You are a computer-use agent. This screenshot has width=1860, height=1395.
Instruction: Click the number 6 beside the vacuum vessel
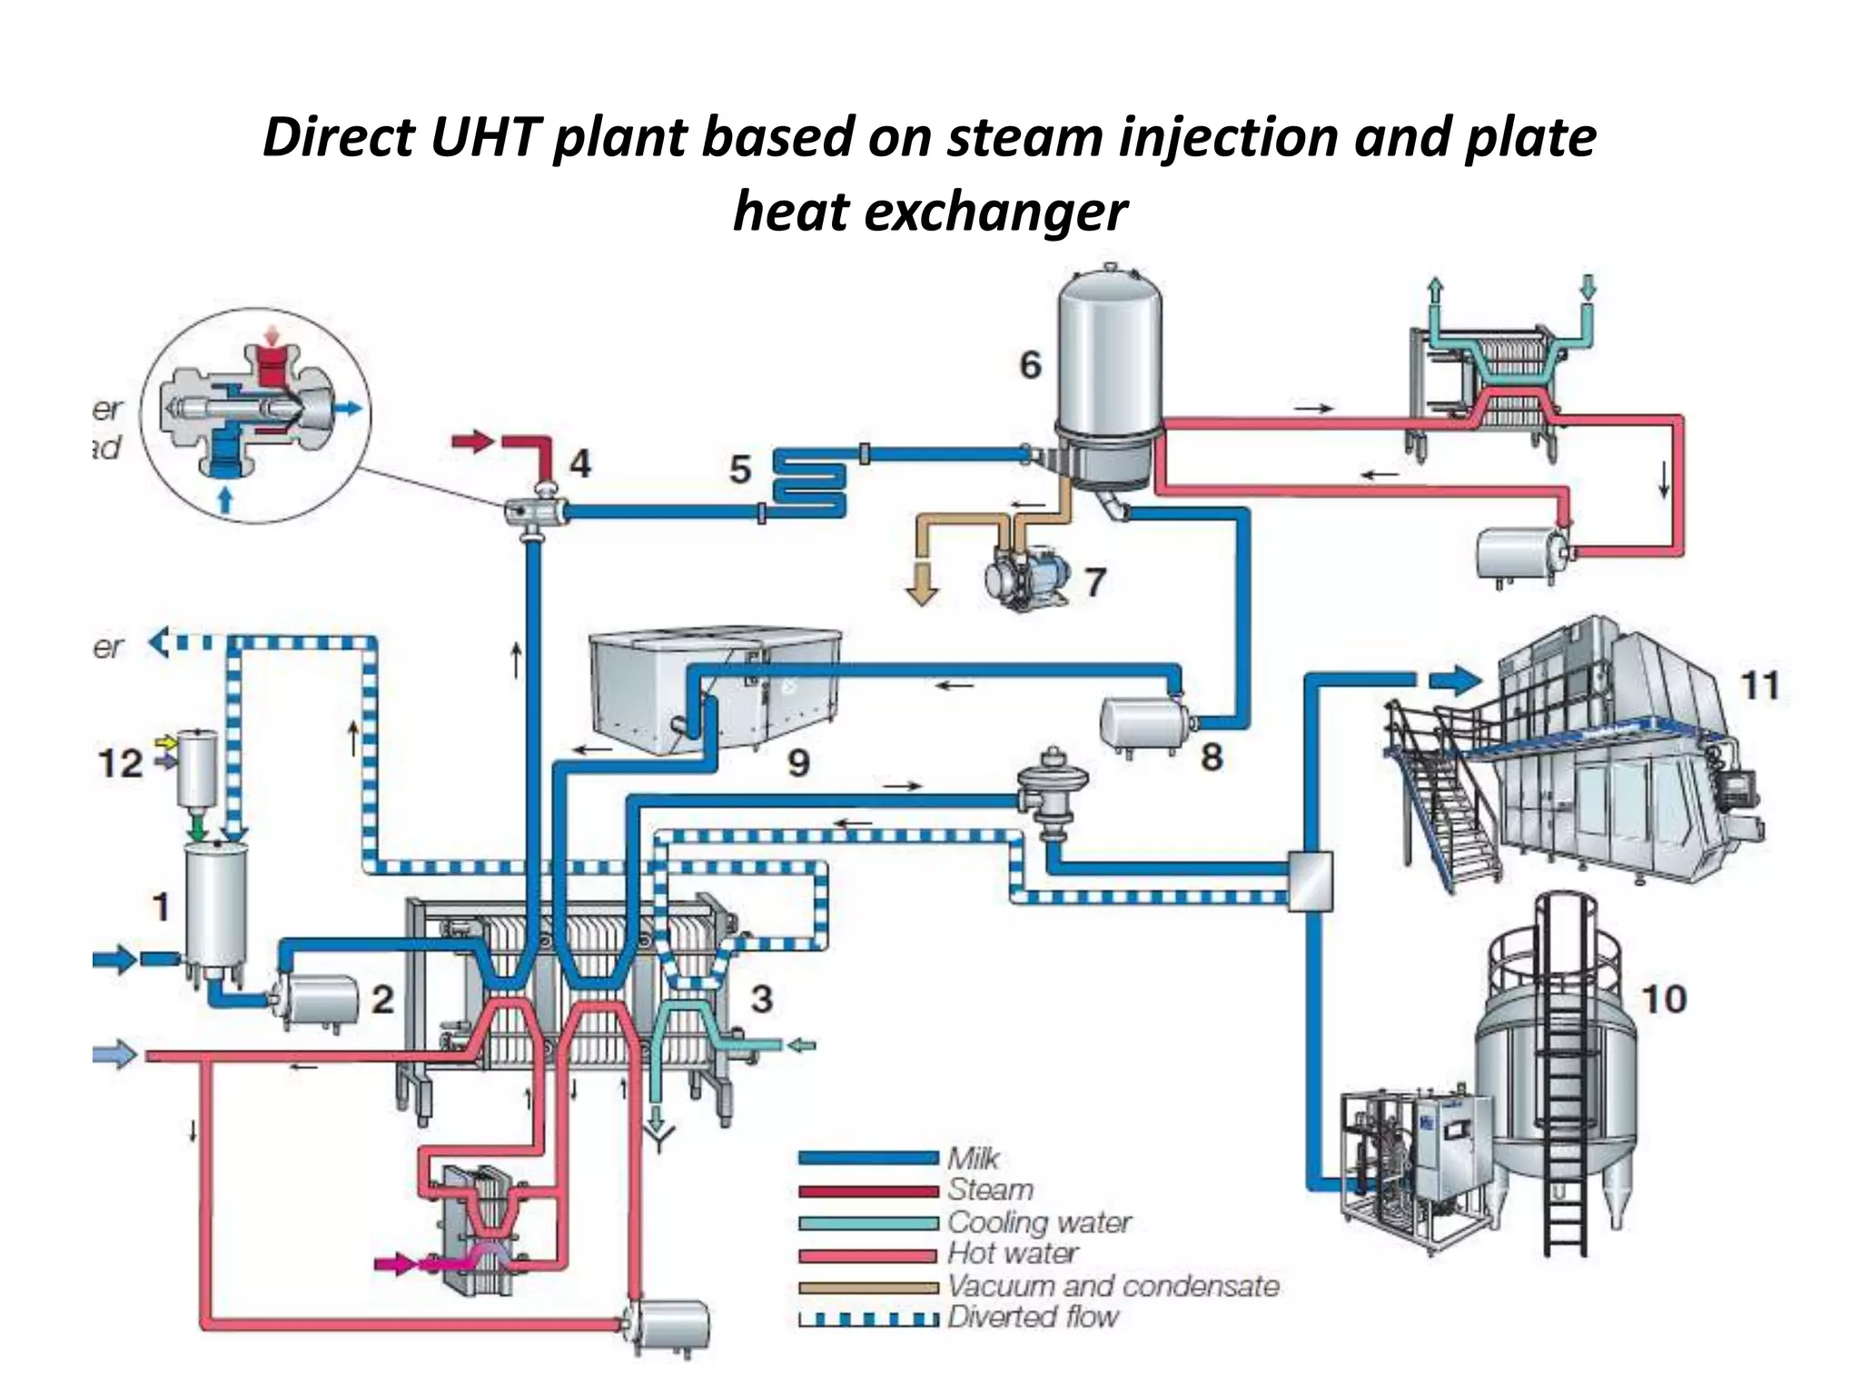point(1029,365)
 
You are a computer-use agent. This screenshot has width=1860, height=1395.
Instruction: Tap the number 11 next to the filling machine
point(1759,686)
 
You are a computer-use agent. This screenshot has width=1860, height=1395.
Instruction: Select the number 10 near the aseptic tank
point(1664,999)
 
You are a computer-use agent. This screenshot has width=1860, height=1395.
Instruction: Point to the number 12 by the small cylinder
point(121,764)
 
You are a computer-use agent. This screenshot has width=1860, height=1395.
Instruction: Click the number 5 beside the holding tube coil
point(740,470)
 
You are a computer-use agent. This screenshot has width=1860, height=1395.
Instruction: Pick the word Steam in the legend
point(990,1190)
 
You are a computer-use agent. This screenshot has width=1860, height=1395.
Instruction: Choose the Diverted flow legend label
point(1033,1317)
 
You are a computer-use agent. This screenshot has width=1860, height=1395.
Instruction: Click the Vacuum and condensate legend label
point(1113,1286)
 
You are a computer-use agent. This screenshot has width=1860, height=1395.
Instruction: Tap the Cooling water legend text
point(1039,1222)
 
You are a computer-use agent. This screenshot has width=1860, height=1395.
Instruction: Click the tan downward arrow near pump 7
point(922,585)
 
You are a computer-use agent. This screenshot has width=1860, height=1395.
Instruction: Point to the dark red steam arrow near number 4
point(473,443)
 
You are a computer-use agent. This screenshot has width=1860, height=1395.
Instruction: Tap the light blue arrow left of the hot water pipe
point(115,1054)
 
